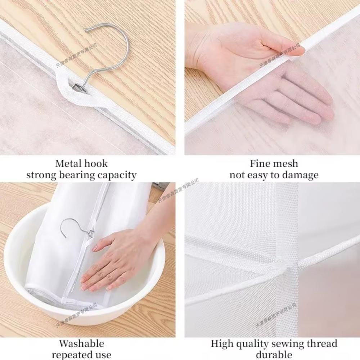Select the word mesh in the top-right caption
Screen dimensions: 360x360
285,164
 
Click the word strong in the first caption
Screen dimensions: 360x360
40,175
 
